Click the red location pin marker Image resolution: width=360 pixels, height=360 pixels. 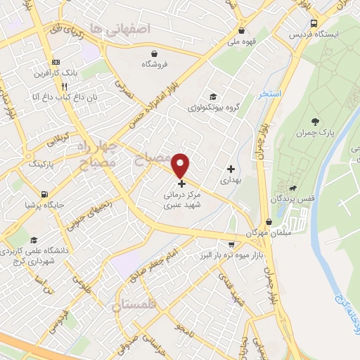[181, 165]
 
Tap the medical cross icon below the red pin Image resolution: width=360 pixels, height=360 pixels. [182, 184]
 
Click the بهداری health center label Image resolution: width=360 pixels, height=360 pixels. [230, 181]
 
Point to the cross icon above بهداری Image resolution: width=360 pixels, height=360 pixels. [231, 169]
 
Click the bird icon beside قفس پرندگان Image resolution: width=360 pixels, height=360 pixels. [292, 188]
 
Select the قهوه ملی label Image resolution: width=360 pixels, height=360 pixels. [241, 41]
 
